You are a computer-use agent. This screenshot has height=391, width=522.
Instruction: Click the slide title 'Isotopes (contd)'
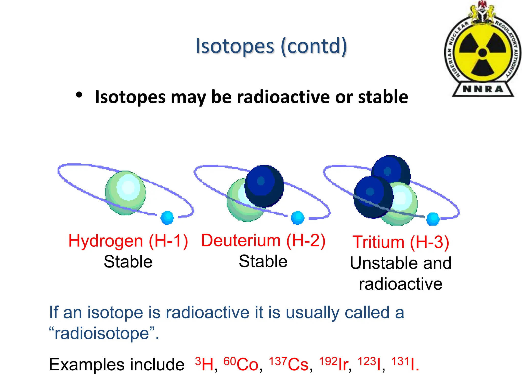(x=271, y=46)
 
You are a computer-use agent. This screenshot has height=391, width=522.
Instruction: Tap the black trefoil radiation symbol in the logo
(x=482, y=53)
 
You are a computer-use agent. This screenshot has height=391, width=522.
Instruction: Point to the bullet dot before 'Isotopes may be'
(x=79, y=95)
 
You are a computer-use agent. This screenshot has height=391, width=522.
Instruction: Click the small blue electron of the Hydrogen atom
(x=167, y=218)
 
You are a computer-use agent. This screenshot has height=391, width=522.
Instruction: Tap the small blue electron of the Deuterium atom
(x=297, y=218)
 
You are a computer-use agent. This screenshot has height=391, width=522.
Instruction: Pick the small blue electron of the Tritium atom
(x=433, y=219)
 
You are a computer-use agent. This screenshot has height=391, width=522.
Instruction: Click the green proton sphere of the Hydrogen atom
(x=125, y=193)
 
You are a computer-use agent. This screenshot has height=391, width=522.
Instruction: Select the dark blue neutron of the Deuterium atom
(x=264, y=186)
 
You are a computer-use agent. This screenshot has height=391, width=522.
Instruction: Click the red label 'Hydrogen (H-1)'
(x=128, y=241)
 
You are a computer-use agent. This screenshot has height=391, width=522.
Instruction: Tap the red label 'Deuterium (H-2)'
(x=263, y=240)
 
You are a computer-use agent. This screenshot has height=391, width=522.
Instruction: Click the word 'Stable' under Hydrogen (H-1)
(x=128, y=262)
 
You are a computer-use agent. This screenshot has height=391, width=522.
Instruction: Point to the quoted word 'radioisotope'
(x=102, y=333)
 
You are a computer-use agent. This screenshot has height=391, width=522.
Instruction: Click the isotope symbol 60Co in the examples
(x=241, y=364)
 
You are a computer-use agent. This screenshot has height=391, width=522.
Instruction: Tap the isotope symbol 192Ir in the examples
(x=334, y=364)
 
